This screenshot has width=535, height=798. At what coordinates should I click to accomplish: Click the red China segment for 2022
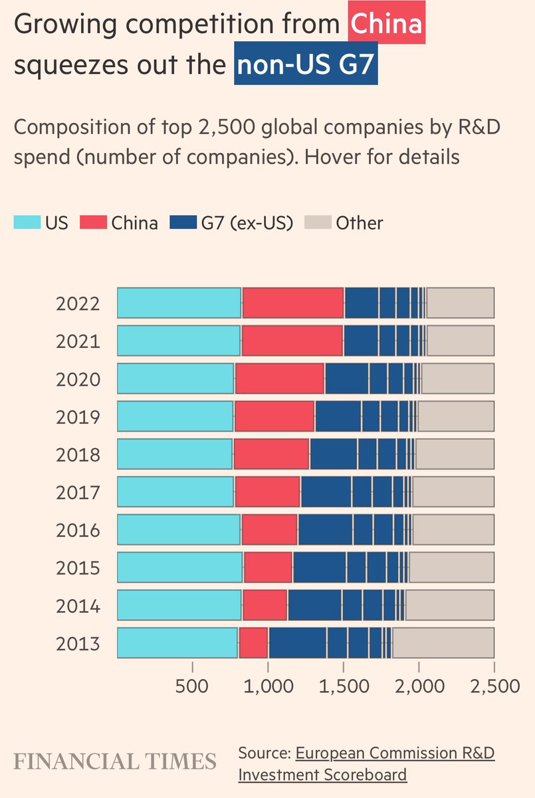293,303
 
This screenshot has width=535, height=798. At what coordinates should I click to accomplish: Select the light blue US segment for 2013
177,643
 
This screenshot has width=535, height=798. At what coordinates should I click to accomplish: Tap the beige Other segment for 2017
453,492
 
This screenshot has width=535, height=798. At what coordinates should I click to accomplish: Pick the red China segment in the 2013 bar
253,643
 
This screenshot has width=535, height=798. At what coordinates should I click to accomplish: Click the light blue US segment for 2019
175,417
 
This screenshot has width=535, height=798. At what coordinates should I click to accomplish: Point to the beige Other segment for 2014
450,605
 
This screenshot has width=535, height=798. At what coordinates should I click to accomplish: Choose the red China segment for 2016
270,530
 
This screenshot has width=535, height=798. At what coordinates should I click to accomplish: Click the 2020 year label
78,380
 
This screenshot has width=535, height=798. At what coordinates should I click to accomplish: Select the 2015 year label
78,569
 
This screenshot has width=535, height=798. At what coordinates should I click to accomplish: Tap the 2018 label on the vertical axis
78,456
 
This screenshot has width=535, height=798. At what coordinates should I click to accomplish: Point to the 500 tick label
192,686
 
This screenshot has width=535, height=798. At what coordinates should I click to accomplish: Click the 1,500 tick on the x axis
343,686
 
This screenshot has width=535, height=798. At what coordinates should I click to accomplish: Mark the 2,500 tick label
494,686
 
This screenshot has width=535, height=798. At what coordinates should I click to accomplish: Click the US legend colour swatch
27,223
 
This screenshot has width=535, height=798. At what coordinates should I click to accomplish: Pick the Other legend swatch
316,223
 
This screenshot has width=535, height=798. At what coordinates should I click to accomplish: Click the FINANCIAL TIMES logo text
116,761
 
